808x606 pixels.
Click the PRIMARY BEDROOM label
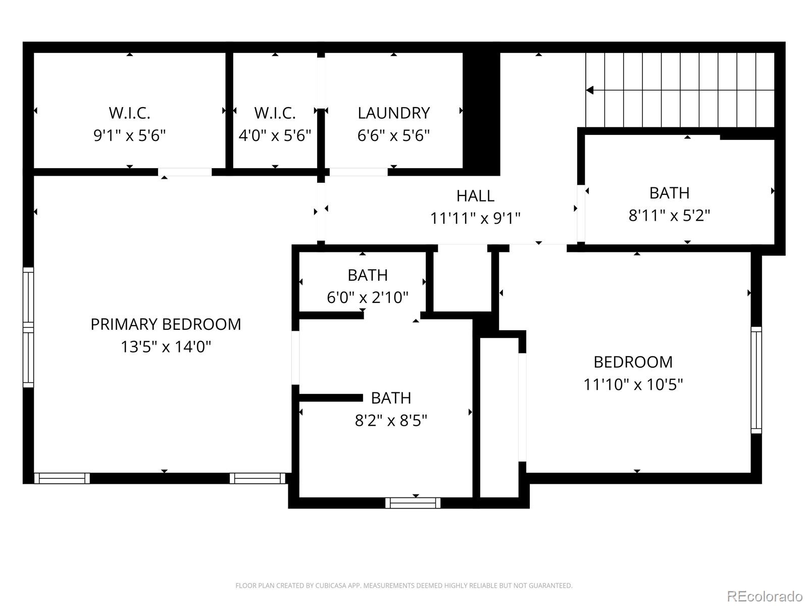tap(166, 324)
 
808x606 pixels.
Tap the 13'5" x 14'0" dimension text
tap(166, 347)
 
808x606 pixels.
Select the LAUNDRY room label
tap(393, 113)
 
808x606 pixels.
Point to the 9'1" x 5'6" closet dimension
tap(129, 136)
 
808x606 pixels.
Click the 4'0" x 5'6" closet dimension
tap(275, 136)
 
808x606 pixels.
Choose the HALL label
tap(475, 196)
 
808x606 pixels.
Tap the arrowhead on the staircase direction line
tap(590, 90)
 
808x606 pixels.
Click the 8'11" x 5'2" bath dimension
tap(669, 216)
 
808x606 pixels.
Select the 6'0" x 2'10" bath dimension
tap(367, 297)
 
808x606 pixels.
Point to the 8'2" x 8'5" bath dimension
tap(391, 421)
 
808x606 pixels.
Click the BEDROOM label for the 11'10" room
tap(633, 362)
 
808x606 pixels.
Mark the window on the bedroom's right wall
tap(756, 380)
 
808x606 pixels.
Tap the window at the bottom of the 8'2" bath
tap(413, 503)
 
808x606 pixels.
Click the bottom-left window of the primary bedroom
tap(62, 478)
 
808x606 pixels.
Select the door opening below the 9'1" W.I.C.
tap(185, 172)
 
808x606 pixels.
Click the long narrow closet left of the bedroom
tap(499, 417)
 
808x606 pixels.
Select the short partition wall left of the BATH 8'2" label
tap(331, 398)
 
